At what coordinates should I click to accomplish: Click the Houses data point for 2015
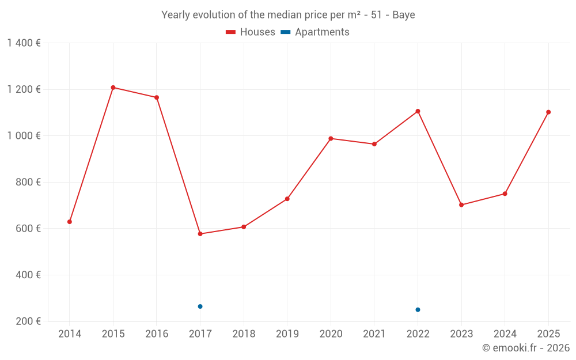click(x=113, y=88)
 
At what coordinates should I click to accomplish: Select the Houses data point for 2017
click(x=200, y=234)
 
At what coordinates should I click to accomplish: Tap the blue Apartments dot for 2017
click(x=200, y=306)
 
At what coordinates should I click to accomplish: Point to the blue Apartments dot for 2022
click(x=418, y=310)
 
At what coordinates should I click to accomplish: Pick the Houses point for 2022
click(x=418, y=111)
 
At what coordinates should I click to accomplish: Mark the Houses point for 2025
click(x=548, y=112)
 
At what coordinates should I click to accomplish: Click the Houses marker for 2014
click(x=70, y=222)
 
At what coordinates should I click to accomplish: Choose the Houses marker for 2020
click(x=331, y=138)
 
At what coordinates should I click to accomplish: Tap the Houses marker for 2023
click(x=461, y=205)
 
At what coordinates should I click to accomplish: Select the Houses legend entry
click(x=251, y=32)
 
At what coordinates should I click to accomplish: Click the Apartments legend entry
click(x=315, y=32)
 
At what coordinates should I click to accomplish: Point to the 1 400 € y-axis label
click(x=24, y=43)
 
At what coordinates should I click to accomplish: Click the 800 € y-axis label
click(x=28, y=182)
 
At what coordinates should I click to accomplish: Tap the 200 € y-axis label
click(x=28, y=321)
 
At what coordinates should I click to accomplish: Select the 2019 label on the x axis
click(x=287, y=334)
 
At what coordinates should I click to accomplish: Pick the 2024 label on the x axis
click(x=505, y=334)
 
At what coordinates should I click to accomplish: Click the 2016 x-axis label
click(x=157, y=334)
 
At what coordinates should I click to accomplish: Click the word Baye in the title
click(x=404, y=15)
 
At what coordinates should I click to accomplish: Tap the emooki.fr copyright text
click(x=526, y=347)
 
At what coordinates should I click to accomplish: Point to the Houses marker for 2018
click(x=244, y=227)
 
